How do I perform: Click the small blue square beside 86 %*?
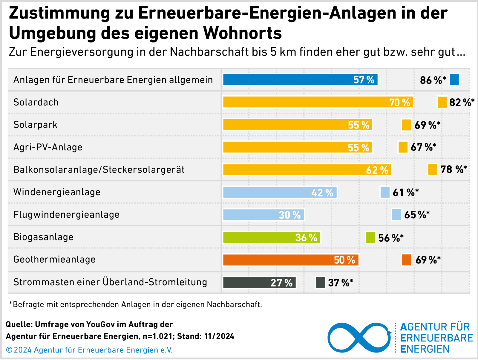(x=454, y=80)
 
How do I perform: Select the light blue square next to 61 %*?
(x=385, y=192)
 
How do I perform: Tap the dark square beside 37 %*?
(x=320, y=283)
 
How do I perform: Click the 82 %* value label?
(x=462, y=102)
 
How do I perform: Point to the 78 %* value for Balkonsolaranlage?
(x=454, y=170)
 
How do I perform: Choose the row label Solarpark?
(x=35, y=125)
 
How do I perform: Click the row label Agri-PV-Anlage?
(x=48, y=147)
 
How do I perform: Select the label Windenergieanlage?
(x=57, y=192)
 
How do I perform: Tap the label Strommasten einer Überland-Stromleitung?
(x=110, y=282)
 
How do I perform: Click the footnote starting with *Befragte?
(x=136, y=304)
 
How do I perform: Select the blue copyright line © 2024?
(x=89, y=350)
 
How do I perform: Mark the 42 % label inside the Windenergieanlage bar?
(x=322, y=193)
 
